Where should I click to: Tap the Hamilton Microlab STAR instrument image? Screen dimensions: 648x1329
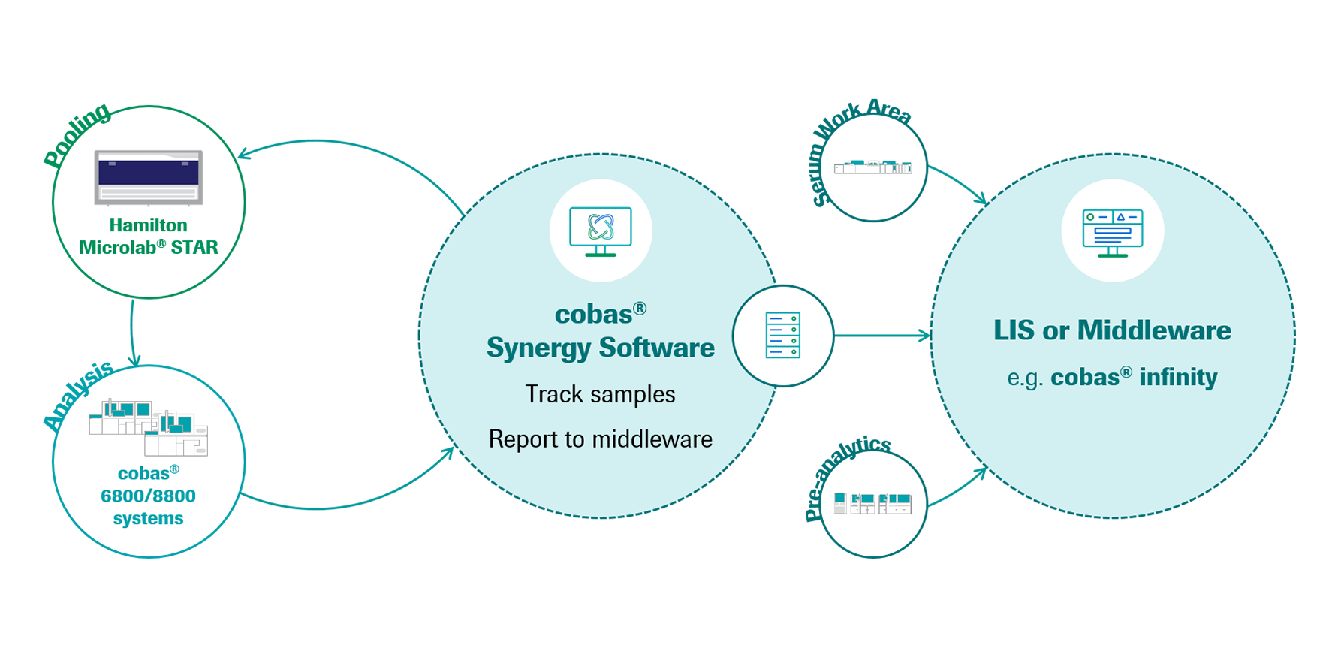[149, 178]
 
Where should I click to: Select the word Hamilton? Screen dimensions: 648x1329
[149, 225]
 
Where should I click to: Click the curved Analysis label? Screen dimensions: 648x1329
[78, 394]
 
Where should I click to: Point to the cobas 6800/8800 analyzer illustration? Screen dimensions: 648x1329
[149, 428]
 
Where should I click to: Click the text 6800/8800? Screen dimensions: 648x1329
[149, 496]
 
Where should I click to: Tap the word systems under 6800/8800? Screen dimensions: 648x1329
[149, 518]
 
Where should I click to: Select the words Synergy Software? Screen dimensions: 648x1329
[601, 348]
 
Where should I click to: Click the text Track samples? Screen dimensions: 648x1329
[601, 394]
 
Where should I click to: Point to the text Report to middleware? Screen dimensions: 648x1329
[601, 439]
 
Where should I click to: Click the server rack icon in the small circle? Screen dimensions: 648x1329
[783, 336]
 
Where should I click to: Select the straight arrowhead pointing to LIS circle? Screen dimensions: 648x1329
[925, 336]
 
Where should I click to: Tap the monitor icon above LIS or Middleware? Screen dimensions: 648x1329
[1113, 231]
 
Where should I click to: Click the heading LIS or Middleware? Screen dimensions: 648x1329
[1113, 330]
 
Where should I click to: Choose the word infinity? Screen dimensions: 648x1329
[1178, 377]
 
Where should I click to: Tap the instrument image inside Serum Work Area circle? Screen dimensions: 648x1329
[873, 167]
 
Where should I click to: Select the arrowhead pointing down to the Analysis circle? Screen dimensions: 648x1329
[135, 360]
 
